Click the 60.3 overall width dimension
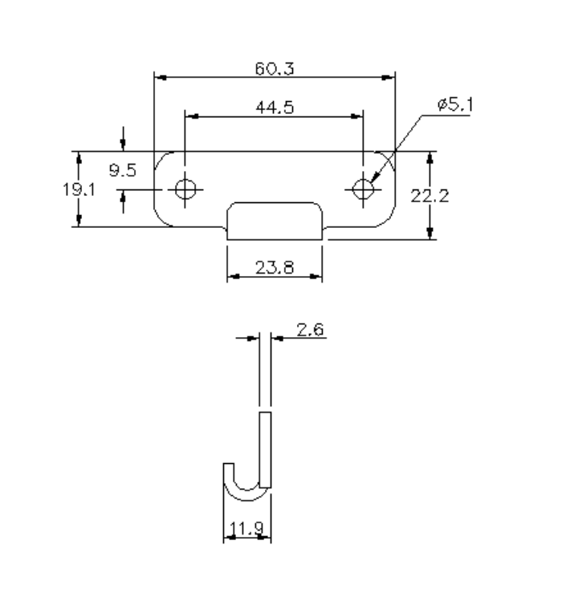(275, 69)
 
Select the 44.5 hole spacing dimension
(274, 108)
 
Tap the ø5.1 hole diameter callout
(455, 107)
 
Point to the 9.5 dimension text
(123, 169)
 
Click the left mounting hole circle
(185, 189)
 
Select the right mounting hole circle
(363, 189)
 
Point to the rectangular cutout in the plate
(274, 216)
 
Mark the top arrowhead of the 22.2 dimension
(431, 156)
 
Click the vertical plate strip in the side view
(266, 449)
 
